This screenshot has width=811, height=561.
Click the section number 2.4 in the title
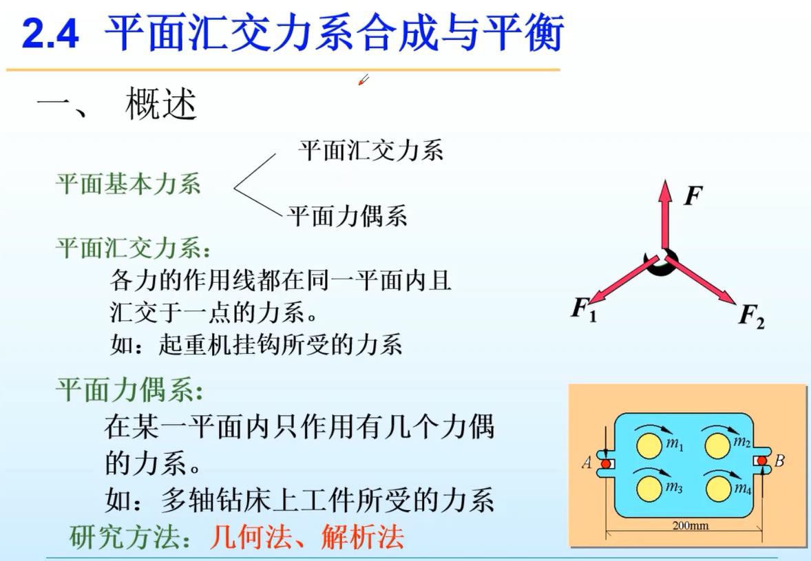50,34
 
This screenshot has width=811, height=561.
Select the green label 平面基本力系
128,184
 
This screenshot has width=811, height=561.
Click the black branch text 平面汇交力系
371,151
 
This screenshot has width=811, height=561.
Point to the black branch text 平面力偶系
348,215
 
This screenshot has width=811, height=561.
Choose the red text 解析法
363,537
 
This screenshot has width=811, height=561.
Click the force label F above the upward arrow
693,195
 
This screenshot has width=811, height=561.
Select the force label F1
584,308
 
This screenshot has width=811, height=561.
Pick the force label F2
752,315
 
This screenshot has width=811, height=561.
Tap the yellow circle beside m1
649,446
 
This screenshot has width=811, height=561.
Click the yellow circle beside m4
718,489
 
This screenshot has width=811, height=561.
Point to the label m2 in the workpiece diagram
741,442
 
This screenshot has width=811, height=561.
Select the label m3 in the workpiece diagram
674,487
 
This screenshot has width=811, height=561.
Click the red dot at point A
606,464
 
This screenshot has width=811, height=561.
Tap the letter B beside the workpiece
779,461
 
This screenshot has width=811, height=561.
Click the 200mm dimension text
691,526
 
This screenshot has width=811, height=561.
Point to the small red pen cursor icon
364,80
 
